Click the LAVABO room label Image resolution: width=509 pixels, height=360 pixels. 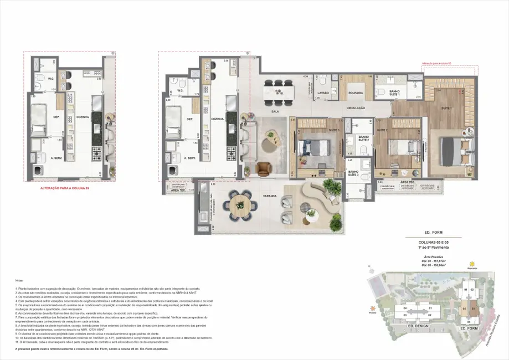323,93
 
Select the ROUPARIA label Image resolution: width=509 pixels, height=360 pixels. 356,93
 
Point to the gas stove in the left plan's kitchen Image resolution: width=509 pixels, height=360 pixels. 96,151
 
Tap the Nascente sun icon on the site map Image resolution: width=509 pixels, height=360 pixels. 472,263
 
